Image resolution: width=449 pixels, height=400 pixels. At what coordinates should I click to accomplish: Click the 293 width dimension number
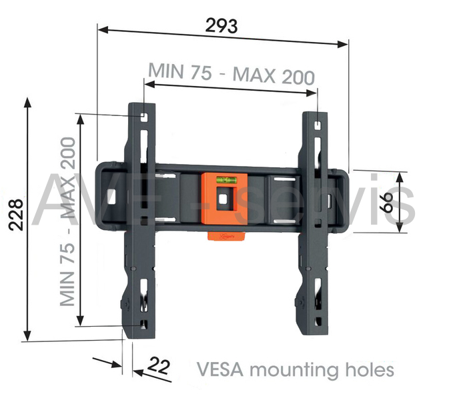coord(221,26)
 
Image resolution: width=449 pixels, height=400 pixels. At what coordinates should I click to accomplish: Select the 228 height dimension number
coord(15,215)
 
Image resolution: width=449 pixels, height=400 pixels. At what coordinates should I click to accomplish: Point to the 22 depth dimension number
coord(159,365)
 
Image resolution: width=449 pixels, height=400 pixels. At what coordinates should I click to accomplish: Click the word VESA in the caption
coord(220,369)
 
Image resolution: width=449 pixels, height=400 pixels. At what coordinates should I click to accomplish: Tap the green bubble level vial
coord(226,181)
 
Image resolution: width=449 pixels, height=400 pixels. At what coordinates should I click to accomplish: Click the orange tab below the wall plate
coord(226,237)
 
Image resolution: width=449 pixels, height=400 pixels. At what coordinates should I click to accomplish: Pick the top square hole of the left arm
coord(143,117)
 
